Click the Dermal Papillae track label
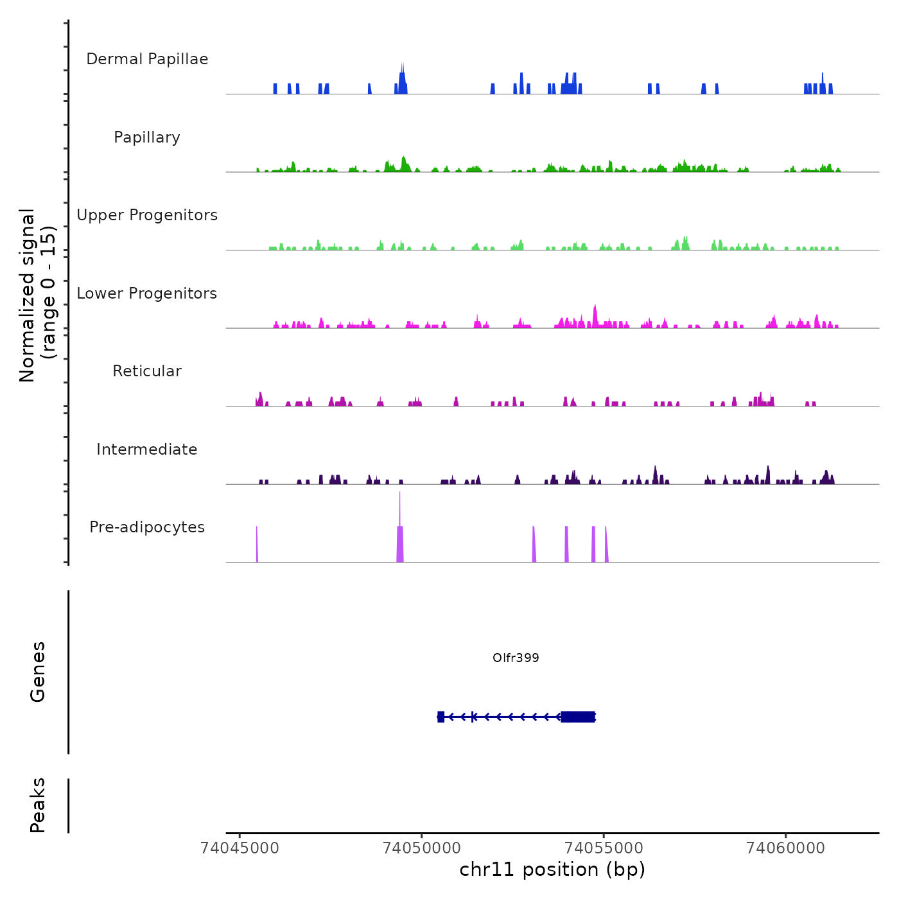[147, 59]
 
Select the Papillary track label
[147, 137]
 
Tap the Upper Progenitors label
[147, 215]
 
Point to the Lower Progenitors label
[147, 293]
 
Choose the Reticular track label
[147, 371]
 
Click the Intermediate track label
[147, 449]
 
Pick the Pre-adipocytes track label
[147, 527]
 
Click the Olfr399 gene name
[516, 658]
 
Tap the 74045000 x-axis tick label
[240, 848]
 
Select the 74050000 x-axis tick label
[421, 848]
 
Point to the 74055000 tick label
[604, 848]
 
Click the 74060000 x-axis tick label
[785, 848]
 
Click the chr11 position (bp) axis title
[552, 869]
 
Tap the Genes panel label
[38, 672]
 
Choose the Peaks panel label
[38, 805]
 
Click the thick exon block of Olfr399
[578, 717]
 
